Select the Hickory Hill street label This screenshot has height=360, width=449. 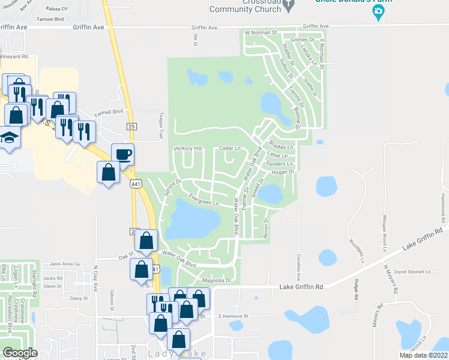pos(188,148)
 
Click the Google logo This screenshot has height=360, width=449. pos(20,353)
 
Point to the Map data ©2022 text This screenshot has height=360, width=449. pos(424,355)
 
